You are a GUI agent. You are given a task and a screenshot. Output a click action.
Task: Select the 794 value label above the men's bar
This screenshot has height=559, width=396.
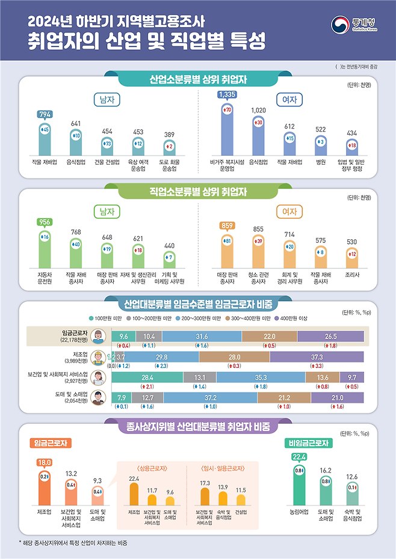point(45,114)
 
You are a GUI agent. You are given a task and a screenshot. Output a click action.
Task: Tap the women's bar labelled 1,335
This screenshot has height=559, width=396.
point(227,129)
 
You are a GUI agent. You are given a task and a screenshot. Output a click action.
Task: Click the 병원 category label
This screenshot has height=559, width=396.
point(320,162)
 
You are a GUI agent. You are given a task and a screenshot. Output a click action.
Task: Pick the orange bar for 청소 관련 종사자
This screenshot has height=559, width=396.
point(258,253)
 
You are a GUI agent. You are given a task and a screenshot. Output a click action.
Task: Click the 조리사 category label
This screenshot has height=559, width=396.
point(351,274)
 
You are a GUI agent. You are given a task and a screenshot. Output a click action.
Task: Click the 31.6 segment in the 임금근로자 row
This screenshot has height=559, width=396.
point(202,336)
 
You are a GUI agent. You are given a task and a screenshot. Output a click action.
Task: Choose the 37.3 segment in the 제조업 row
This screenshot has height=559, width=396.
point(317,357)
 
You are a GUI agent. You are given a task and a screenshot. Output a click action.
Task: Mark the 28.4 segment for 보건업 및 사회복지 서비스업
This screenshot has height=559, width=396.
point(147,377)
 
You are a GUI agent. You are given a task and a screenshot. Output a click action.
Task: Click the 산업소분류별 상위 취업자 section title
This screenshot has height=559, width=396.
point(198,79)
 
